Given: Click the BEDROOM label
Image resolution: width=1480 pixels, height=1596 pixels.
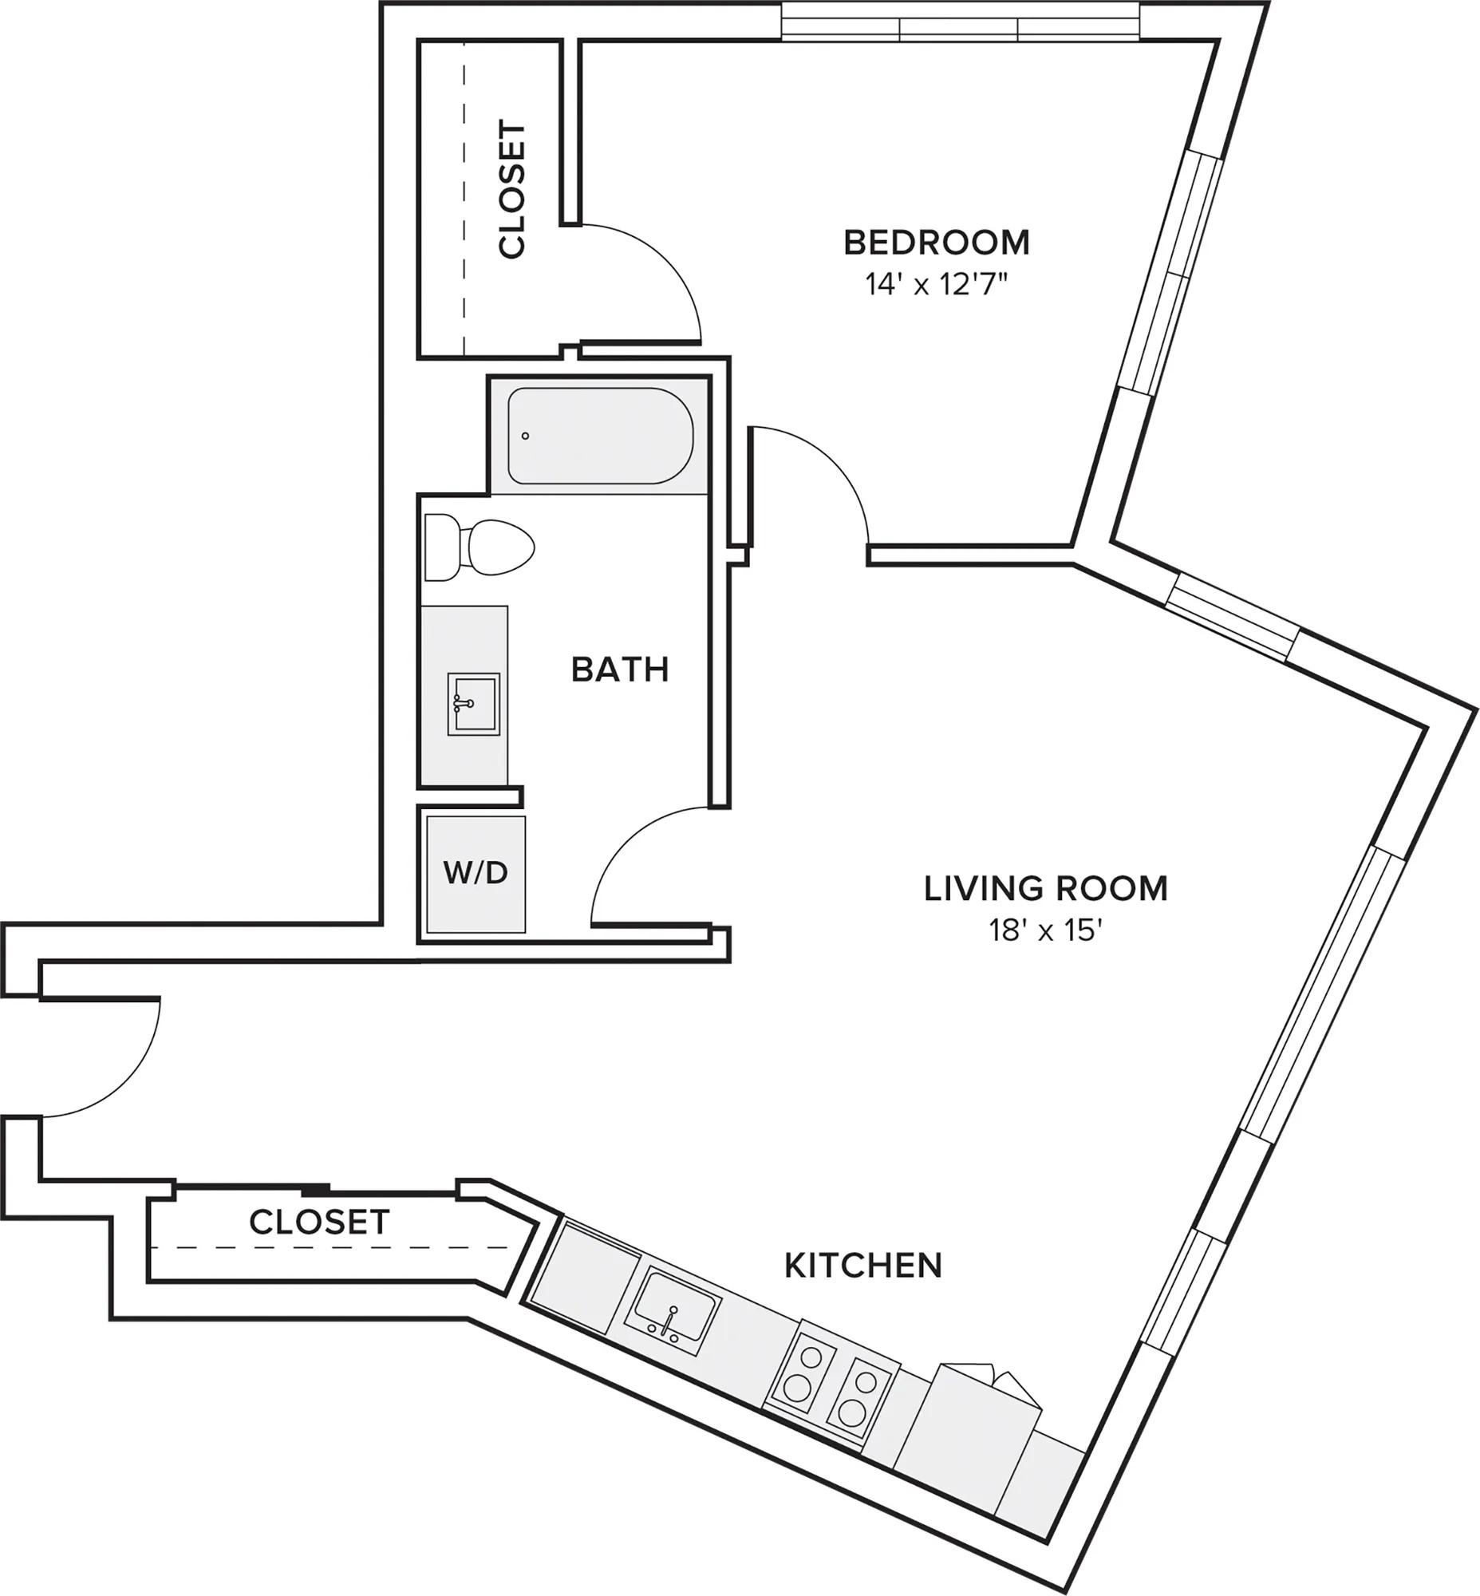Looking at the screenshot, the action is click(x=936, y=242).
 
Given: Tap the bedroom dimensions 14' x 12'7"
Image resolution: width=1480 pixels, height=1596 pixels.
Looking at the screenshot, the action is click(x=935, y=284).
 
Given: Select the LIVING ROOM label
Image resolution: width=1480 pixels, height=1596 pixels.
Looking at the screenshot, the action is click(x=1046, y=888).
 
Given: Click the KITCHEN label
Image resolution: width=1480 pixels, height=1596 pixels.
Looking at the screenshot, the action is click(x=863, y=1266).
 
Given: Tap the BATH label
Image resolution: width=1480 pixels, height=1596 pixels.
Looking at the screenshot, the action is click(x=620, y=670).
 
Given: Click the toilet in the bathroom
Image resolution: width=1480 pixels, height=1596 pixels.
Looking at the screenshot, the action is click(x=479, y=548).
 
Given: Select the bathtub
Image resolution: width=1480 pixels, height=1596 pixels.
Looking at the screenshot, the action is click(x=601, y=436).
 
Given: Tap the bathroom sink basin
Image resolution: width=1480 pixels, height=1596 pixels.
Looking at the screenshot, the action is click(x=473, y=705).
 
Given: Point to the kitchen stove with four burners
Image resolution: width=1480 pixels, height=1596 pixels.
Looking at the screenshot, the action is click(x=831, y=1387).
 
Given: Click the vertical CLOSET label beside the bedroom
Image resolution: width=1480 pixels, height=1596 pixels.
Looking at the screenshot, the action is click(x=511, y=189).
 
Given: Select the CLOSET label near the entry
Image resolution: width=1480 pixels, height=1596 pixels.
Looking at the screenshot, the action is click(x=319, y=1223).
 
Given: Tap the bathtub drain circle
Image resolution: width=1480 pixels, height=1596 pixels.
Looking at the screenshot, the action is click(x=525, y=436).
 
